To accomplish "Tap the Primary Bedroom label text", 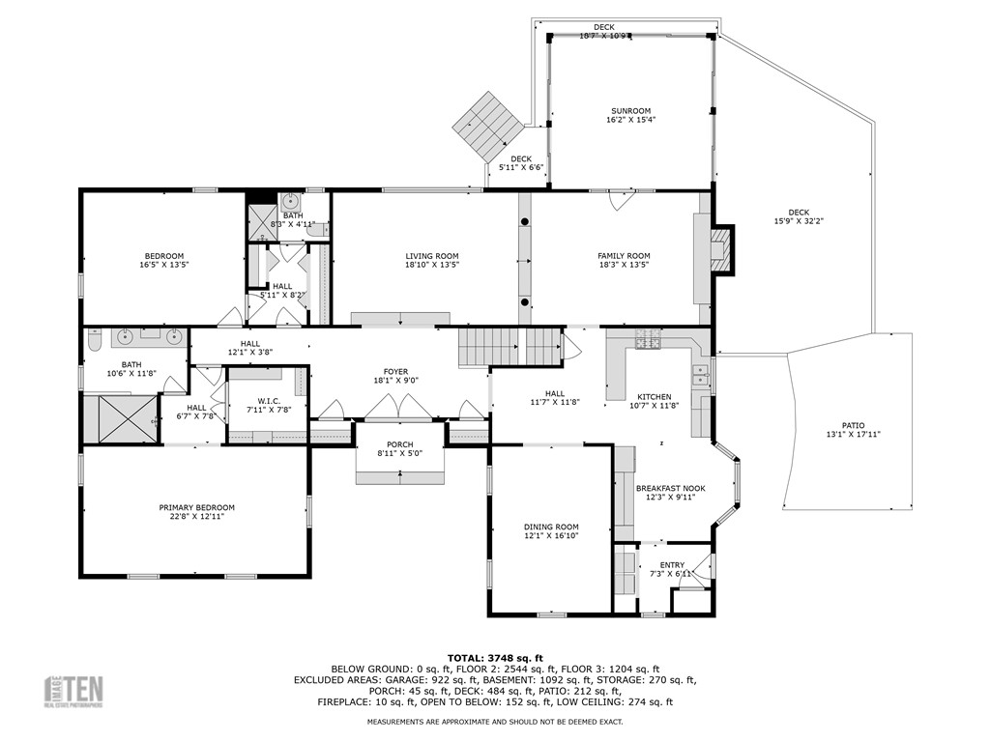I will (x=196, y=507).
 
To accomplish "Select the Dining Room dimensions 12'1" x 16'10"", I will (x=550, y=535).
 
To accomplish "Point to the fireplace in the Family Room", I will (x=720, y=251).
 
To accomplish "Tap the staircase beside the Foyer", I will (x=510, y=345).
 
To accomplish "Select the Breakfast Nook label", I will (x=670, y=488).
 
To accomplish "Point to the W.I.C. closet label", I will (x=268, y=400).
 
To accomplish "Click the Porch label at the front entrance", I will (x=399, y=443).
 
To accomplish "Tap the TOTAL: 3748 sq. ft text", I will (x=495, y=657).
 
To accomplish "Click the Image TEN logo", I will (x=75, y=692).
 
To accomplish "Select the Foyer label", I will (x=395, y=371).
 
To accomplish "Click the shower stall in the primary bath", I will (x=121, y=417).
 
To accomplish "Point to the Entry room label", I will (x=672, y=565).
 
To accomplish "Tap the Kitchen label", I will (x=654, y=396).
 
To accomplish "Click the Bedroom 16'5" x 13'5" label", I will (x=161, y=256).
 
